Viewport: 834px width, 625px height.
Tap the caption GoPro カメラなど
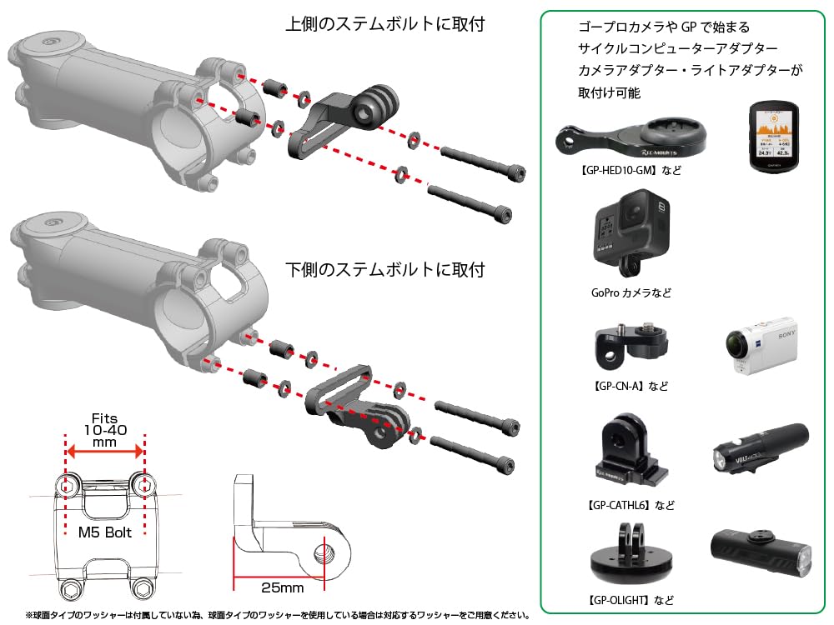631,292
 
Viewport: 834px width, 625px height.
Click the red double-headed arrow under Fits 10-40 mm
105,452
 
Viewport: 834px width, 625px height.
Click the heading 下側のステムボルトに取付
384,269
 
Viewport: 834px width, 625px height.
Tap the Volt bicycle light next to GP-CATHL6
760,448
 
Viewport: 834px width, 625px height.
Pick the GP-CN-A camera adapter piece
631,347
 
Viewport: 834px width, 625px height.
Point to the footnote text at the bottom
278,616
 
